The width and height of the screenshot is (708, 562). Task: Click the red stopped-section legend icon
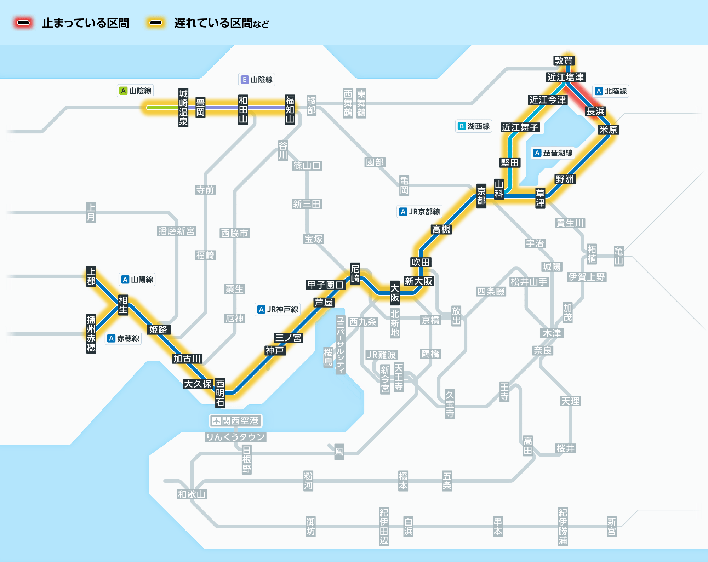(23, 23)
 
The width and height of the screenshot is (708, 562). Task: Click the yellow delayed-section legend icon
(156, 23)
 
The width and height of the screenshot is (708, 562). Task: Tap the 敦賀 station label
(564, 61)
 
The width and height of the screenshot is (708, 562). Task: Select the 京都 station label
(481, 196)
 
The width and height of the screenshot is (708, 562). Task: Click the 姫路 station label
(158, 329)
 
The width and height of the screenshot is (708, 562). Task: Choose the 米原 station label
(608, 130)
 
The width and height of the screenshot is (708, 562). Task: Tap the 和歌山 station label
(192, 494)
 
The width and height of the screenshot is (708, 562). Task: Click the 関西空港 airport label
(235, 421)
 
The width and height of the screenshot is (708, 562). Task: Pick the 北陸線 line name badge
(611, 91)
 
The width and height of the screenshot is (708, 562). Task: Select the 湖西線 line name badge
(474, 126)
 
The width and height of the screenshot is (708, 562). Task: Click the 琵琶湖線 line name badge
(553, 153)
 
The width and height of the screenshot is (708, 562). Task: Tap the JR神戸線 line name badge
(278, 309)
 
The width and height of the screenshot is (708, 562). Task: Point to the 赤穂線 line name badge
(124, 338)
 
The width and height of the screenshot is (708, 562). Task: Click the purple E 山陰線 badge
(257, 80)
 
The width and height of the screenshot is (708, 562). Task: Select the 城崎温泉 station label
(183, 108)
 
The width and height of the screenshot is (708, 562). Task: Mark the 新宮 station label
(612, 527)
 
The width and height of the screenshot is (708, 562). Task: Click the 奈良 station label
(543, 350)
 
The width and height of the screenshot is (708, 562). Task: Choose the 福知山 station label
(290, 109)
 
